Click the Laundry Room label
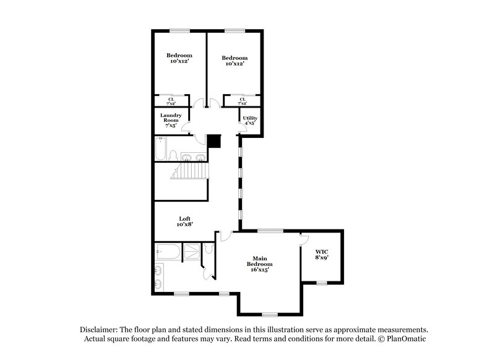[x=170, y=120]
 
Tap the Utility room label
[x=250, y=120]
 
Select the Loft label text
[x=184, y=221]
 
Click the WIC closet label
[x=320, y=254]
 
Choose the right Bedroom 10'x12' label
[x=235, y=61]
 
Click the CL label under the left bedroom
[x=171, y=101]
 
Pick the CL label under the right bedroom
[x=243, y=101]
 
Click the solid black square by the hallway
[x=213, y=141]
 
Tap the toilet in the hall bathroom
[x=174, y=155]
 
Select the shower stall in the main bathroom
[x=192, y=251]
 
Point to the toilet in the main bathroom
[x=209, y=249]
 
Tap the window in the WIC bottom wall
[x=321, y=283]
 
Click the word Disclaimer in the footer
[x=101, y=330]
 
